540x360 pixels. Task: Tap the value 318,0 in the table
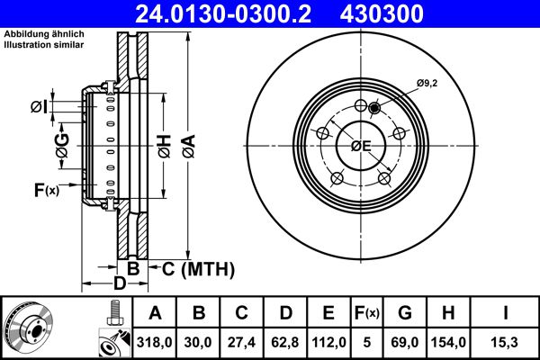(x=155, y=342)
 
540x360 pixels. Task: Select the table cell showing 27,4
(x=241, y=342)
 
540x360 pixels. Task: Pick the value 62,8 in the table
(x=284, y=342)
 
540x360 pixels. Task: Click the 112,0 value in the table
(x=328, y=342)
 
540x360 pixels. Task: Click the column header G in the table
(x=404, y=313)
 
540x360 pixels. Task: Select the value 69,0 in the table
(x=404, y=342)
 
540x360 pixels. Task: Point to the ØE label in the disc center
(x=362, y=146)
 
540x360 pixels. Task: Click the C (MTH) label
(x=197, y=268)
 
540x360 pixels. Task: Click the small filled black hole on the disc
(x=374, y=107)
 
